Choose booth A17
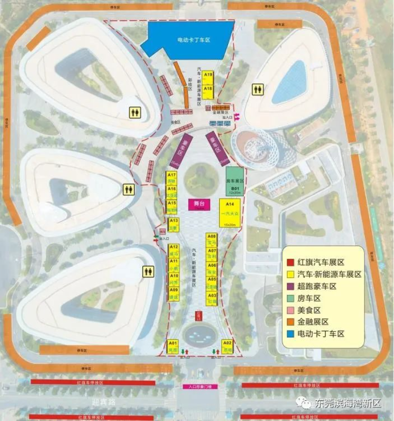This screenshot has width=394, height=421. (x=171, y=178)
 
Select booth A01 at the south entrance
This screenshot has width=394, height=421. (x=172, y=346)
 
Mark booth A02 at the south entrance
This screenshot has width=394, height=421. (x=227, y=346)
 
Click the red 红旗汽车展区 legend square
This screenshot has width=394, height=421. (x=291, y=262)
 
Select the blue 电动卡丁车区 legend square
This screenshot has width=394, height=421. (x=291, y=334)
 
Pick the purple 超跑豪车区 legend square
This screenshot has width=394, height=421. (x=291, y=286)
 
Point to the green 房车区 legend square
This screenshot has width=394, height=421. (x=291, y=298)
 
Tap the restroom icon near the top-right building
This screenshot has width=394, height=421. (x=258, y=89)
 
